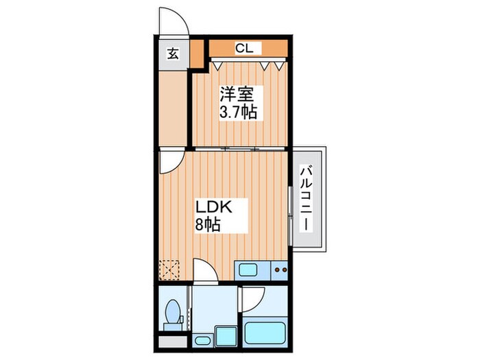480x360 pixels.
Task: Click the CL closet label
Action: pos(244,48)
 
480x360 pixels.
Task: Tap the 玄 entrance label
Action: pos(173,53)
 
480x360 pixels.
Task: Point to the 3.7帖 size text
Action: pos(237,112)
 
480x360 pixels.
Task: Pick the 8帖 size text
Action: pos(208,224)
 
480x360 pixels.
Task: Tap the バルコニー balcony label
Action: pos(307,200)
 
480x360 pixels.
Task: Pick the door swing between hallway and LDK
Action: pos(169,162)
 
